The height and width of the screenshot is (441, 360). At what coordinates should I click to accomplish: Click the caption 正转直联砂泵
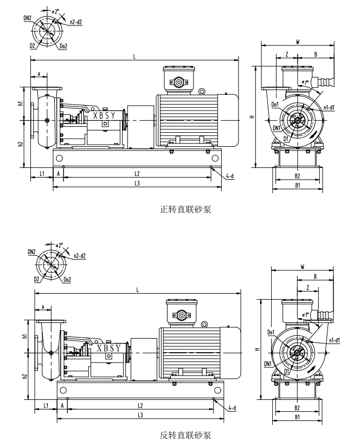(185, 209)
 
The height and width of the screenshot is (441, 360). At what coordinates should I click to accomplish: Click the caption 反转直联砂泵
(185, 435)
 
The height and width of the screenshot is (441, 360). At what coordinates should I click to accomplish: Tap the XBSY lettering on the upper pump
(104, 115)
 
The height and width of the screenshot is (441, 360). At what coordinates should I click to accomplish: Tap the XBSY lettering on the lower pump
(108, 348)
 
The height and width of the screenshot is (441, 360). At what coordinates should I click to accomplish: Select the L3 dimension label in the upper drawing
(137, 183)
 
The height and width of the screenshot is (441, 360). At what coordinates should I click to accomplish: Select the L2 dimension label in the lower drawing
(140, 406)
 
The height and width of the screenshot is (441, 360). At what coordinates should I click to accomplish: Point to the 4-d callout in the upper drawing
(230, 176)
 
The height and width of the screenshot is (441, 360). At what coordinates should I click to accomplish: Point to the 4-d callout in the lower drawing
(232, 408)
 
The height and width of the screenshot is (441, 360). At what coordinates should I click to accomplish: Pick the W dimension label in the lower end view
(303, 267)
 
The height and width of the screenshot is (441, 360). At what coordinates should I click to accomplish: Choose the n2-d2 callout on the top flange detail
(76, 22)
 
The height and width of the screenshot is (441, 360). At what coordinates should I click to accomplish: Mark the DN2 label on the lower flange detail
(31, 252)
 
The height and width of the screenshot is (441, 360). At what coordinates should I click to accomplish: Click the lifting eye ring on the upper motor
(202, 91)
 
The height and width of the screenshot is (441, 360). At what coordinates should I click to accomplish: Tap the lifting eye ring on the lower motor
(204, 325)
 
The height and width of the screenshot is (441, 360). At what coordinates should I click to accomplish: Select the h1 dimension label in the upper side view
(20, 103)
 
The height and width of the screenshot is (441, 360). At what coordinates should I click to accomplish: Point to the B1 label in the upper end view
(298, 185)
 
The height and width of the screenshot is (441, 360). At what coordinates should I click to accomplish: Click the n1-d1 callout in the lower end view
(334, 341)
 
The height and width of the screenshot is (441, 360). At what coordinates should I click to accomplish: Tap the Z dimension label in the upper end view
(287, 54)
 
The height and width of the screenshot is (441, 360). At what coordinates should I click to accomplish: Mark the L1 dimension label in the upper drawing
(42, 174)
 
